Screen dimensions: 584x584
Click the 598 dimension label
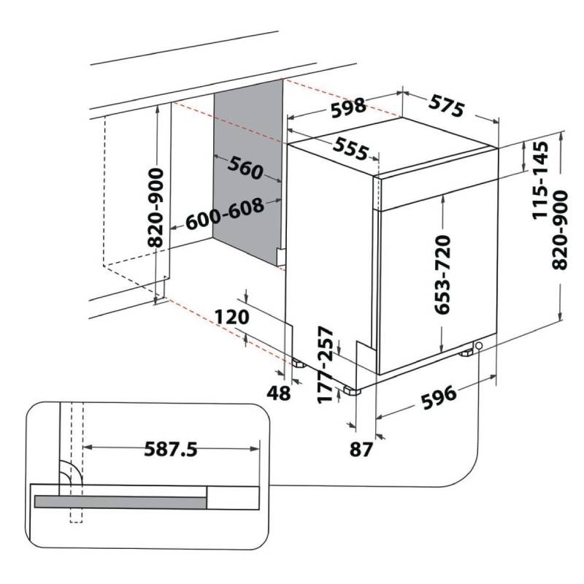pyautogui.click(x=349, y=107)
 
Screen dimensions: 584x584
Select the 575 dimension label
pyautogui.click(x=447, y=105)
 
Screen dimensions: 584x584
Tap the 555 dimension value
pyautogui.click(x=350, y=149)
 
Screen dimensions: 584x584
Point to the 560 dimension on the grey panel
pyautogui.click(x=245, y=168)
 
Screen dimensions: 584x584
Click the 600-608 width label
pyautogui.click(x=225, y=213)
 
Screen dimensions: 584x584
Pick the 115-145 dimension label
pyautogui.click(x=540, y=180)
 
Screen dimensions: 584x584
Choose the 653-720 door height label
pyautogui.click(x=443, y=274)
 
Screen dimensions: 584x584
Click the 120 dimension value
pyautogui.click(x=231, y=317)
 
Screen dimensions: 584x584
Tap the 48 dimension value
pyautogui.click(x=279, y=393)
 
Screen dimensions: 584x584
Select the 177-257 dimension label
pyautogui.click(x=326, y=365)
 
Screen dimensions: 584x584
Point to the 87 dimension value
pyautogui.click(x=361, y=449)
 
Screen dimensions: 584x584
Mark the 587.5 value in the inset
pyautogui.click(x=171, y=449)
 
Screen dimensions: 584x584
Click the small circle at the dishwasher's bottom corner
pyautogui.click(x=479, y=345)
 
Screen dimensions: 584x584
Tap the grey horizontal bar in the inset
pyautogui.click(x=120, y=502)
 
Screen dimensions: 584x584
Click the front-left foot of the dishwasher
pyautogui.click(x=351, y=391)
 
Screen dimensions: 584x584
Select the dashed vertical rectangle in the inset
pyautogui.click(x=76, y=463)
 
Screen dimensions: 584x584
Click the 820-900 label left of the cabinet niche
pyautogui.click(x=155, y=208)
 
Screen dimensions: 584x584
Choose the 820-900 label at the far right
pyautogui.click(x=559, y=230)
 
